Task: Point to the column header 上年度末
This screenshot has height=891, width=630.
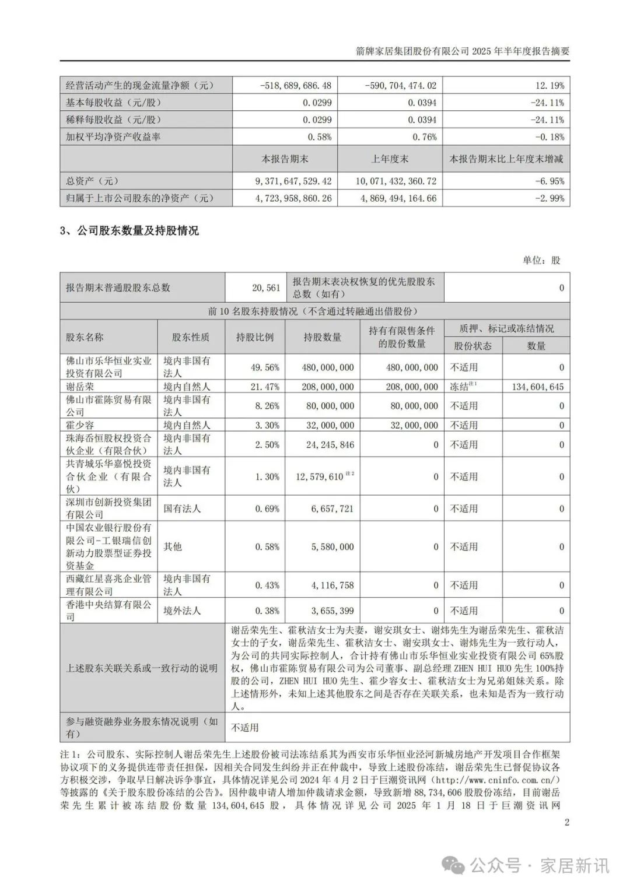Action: tap(390, 159)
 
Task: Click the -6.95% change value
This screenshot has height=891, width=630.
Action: tap(549, 181)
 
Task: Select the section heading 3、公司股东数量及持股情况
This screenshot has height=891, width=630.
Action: tap(129, 230)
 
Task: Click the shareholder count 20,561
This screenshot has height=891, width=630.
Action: tap(266, 287)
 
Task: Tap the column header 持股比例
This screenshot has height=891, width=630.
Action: tap(254, 337)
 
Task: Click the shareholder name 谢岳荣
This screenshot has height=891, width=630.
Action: tap(80, 387)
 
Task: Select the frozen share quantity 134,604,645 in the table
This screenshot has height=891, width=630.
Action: tap(535, 387)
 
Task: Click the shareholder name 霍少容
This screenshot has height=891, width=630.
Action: tap(80, 425)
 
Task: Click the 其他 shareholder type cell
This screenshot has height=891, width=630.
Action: tap(173, 546)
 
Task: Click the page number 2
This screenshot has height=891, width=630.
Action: tap(566, 822)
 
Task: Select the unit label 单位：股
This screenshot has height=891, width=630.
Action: tap(541, 260)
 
